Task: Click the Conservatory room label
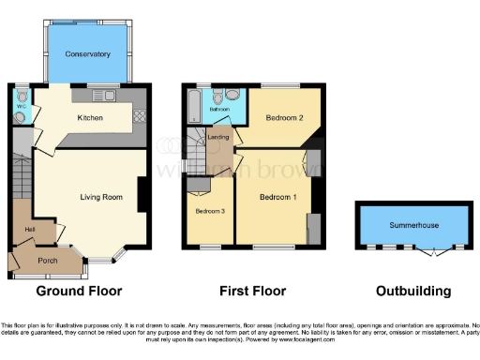88,54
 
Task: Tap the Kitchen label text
90,118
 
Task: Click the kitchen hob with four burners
140,116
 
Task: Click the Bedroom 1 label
278,197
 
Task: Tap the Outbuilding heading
412,291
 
